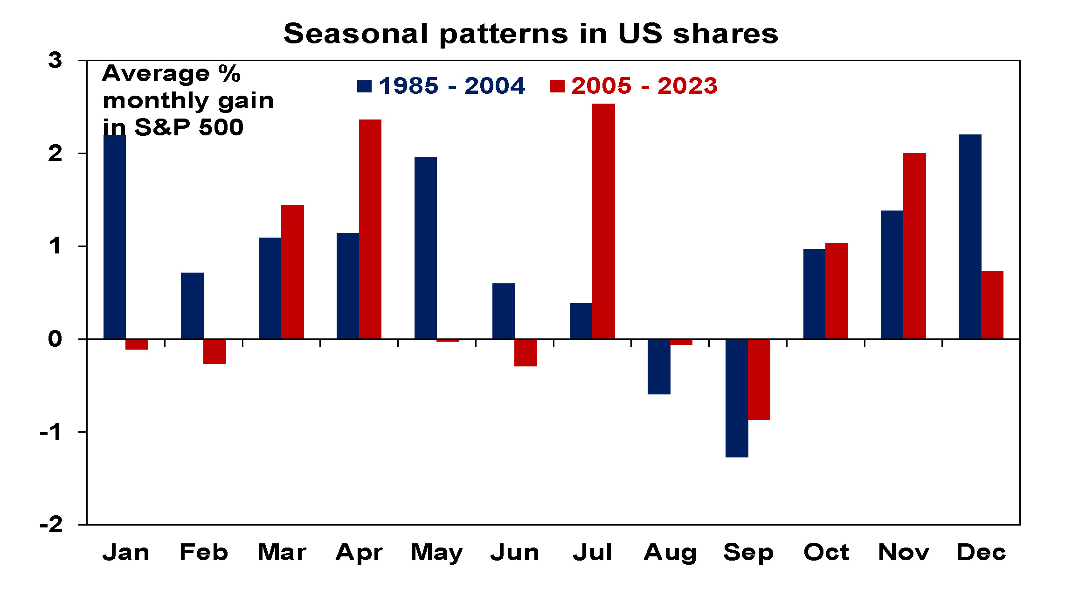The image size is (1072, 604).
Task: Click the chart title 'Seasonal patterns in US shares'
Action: pos(531,34)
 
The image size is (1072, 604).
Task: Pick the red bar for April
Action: pos(370,229)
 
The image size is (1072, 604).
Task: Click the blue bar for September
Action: pos(737,398)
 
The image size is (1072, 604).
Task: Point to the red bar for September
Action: pos(759,379)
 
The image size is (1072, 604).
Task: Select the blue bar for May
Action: pos(426,247)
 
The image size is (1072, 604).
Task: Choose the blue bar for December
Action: pos(970,236)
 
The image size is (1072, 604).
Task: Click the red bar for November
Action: pos(914,246)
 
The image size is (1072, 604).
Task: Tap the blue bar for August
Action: pos(659,366)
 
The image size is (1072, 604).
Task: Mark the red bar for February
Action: pos(214,351)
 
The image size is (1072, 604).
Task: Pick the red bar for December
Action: pos(992,304)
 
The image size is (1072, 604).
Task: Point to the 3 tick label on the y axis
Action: pos(55,61)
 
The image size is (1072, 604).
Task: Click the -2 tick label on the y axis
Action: pos(51,525)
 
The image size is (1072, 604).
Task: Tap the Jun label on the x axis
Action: pos(515,553)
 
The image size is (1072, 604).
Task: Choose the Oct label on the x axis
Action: pos(826,553)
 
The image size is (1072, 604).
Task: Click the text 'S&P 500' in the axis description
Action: pos(189,127)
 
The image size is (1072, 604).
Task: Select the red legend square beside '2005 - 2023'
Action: pos(557,86)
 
